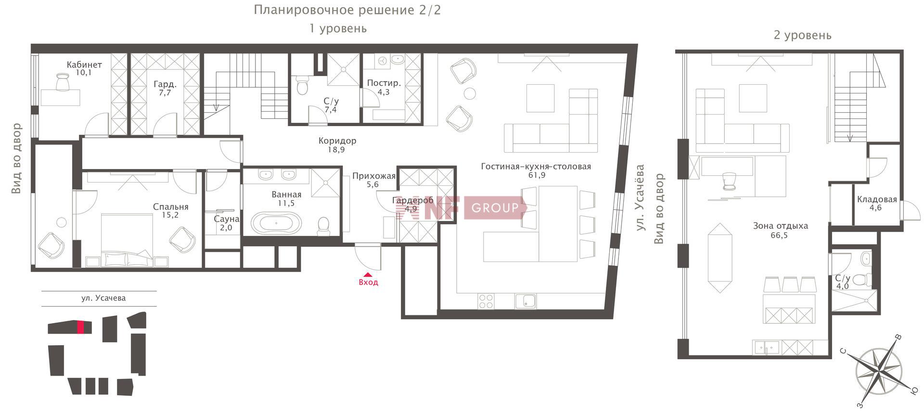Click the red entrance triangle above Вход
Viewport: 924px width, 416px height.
pyautogui.click(x=368, y=275)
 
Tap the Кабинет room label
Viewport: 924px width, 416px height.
pyautogui.click(x=84, y=65)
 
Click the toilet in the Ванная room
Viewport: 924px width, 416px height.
pyautogui.click(x=323, y=226)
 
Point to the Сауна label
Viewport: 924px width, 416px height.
pyautogui.click(x=227, y=219)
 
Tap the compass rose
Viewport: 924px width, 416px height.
pyautogui.click(x=879, y=370)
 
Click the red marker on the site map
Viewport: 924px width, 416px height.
pyautogui.click(x=80, y=327)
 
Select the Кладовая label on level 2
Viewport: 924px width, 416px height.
pyautogui.click(x=877, y=199)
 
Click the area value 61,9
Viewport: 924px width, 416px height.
pyautogui.click(x=536, y=175)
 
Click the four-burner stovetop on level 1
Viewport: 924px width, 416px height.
pyautogui.click(x=486, y=301)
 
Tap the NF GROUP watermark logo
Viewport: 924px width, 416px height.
pyautogui.click(x=461, y=208)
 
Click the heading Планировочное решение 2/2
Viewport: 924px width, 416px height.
pyautogui.click(x=347, y=10)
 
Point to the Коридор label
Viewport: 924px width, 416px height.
pyautogui.click(x=337, y=141)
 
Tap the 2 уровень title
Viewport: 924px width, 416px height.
pyautogui.click(x=802, y=35)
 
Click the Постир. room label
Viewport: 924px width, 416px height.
pyautogui.click(x=384, y=83)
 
